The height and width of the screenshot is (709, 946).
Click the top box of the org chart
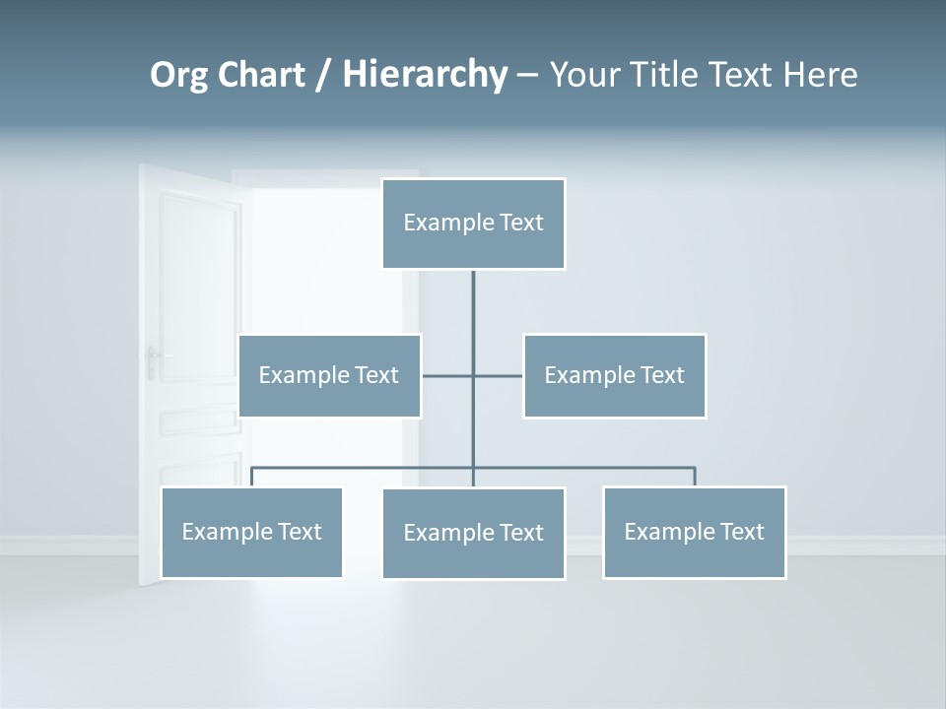[x=473, y=224]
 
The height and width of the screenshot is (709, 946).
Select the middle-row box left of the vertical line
[x=329, y=375]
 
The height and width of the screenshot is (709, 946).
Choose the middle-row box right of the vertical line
[x=614, y=375]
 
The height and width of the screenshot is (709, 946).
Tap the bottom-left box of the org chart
[x=251, y=532]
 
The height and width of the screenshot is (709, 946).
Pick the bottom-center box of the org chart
[x=473, y=533]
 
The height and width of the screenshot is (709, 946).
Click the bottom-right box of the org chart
[x=694, y=532]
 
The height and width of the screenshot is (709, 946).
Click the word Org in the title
[x=178, y=76]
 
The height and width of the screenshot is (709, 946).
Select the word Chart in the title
[x=261, y=75]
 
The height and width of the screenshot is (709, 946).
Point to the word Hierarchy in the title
[x=425, y=75]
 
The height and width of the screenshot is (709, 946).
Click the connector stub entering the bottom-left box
[x=251, y=478]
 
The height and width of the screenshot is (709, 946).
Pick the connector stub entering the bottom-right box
[x=695, y=478]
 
